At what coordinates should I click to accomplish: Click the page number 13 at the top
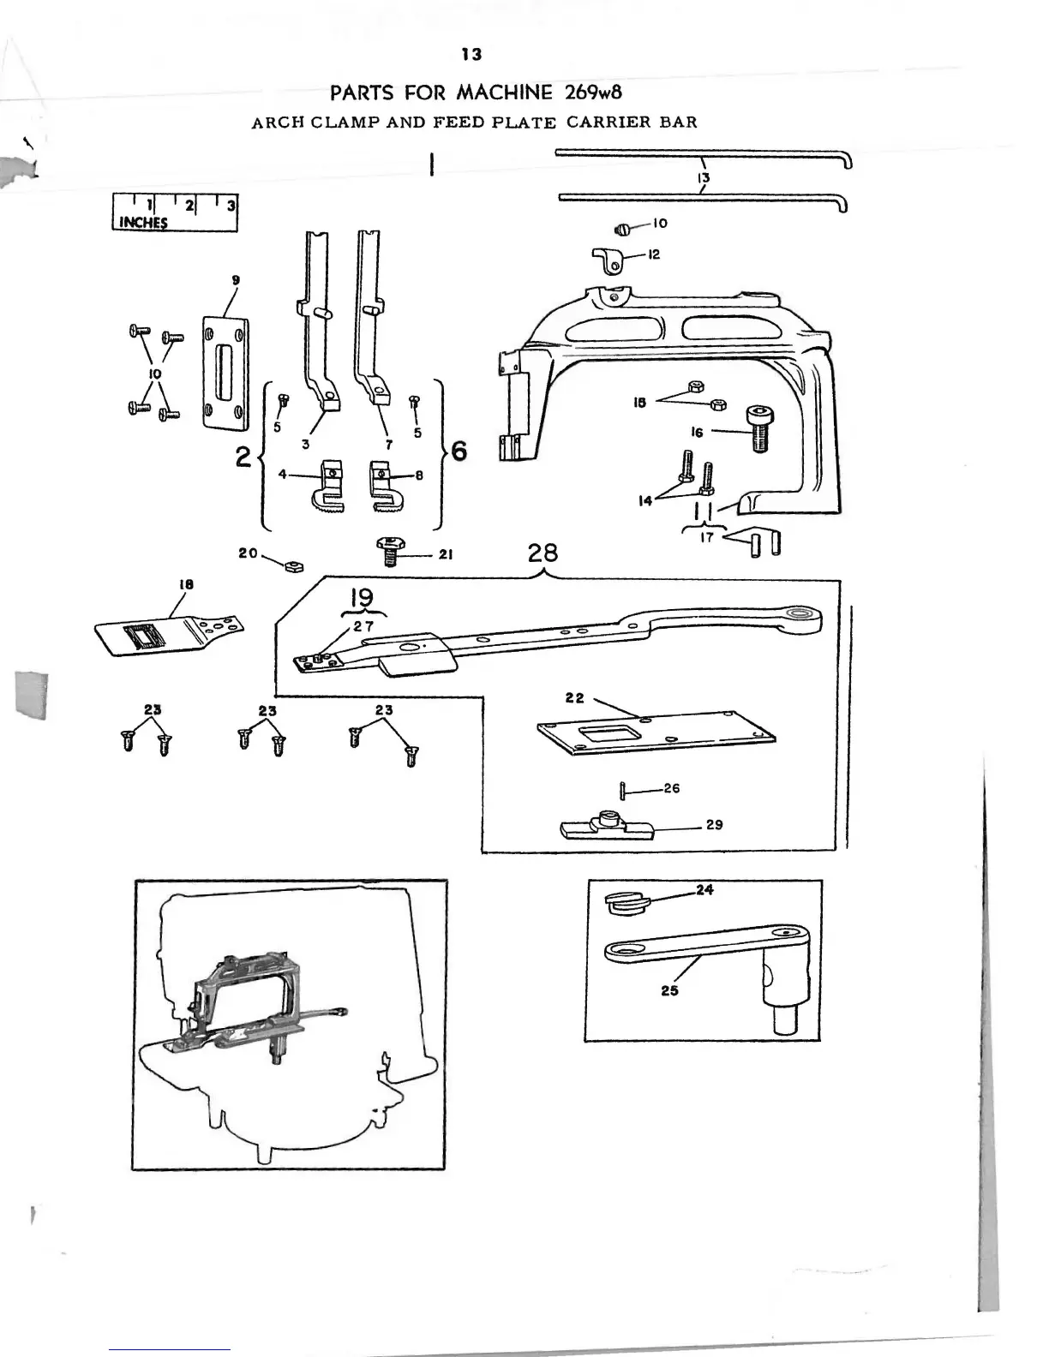click(471, 55)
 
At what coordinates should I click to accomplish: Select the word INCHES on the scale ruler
click(143, 223)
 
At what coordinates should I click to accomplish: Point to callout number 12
click(654, 254)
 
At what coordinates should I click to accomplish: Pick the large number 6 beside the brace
click(459, 451)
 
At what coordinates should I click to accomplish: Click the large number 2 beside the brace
click(243, 457)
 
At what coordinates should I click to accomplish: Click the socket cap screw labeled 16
click(758, 429)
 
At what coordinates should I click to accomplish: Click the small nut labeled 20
click(293, 565)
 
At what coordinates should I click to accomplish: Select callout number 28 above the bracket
click(543, 553)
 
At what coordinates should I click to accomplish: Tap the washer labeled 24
click(624, 901)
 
